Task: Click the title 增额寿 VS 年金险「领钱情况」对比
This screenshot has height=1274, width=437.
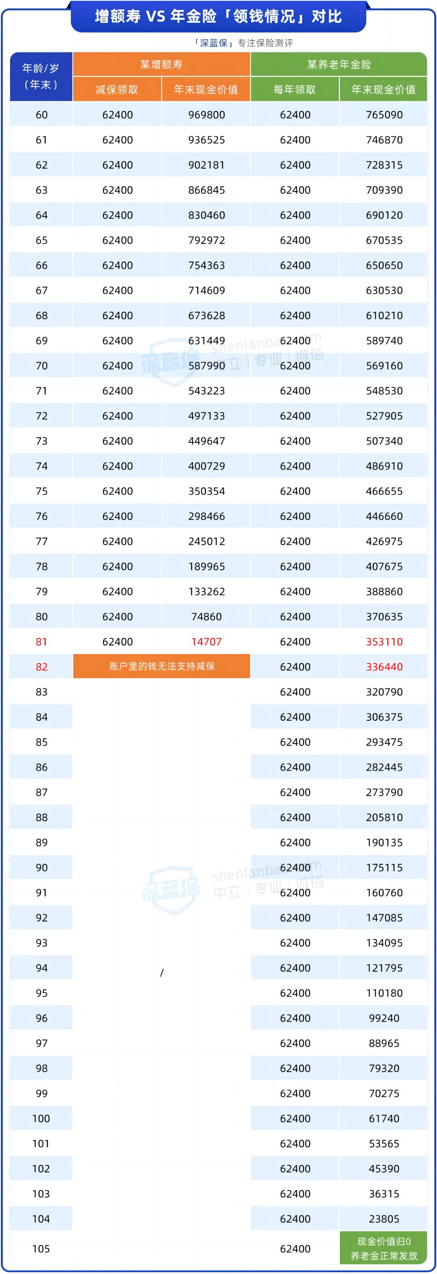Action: [218, 16]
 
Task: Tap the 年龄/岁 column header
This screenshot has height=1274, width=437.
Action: [41, 76]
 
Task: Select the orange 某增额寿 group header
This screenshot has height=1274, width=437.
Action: [161, 64]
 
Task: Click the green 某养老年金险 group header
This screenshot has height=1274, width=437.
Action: [339, 64]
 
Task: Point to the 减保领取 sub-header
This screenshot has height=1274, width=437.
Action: [117, 89]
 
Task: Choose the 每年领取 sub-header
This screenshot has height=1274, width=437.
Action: [295, 89]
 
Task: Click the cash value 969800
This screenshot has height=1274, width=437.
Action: [206, 115]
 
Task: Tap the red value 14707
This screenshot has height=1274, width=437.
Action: [206, 641]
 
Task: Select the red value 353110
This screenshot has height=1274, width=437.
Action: [384, 641]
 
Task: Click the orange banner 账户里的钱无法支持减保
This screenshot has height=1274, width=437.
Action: [162, 666]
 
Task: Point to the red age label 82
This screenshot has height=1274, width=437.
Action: [42, 667]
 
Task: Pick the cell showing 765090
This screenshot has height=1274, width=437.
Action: [384, 115]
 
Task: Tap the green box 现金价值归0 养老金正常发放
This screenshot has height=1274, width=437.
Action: [384, 1248]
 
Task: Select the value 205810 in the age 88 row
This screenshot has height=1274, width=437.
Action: [384, 817]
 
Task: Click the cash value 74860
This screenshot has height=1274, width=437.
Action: [206, 616]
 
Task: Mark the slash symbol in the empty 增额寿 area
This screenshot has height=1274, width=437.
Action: [162, 973]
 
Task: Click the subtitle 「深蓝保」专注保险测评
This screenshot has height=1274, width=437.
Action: [244, 43]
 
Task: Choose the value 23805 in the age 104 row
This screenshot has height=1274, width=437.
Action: [384, 1219]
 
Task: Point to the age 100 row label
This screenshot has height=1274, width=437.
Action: [41, 1118]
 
